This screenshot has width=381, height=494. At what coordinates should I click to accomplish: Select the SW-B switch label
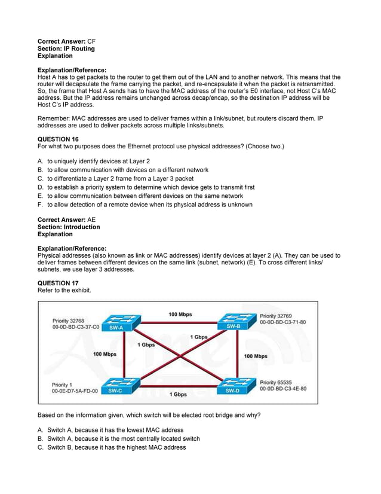click(233, 327)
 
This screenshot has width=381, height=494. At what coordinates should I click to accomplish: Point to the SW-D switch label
click(233, 391)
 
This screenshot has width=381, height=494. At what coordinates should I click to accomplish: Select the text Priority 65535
click(276, 382)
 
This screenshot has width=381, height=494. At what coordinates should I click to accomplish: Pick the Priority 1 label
click(62, 385)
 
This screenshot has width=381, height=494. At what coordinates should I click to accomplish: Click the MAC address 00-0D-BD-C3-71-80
click(283, 322)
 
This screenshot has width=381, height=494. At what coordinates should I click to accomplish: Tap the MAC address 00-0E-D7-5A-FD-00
click(75, 391)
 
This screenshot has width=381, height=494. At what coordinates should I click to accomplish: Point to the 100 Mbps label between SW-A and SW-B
click(180, 314)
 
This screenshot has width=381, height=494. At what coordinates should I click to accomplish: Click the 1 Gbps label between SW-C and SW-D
click(177, 395)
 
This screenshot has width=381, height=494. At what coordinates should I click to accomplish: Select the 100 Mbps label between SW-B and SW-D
click(256, 356)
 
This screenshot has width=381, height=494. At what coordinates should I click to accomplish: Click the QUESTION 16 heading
click(58, 139)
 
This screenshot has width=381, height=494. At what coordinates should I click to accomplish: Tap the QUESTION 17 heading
click(58, 283)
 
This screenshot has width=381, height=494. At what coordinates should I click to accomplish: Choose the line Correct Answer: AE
click(66, 220)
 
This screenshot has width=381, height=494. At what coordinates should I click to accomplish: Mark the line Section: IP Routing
click(66, 48)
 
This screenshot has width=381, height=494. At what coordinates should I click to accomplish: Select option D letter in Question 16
click(40, 187)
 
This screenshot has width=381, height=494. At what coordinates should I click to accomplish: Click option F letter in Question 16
click(40, 205)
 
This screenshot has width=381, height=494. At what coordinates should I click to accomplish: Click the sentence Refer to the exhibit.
click(64, 290)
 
